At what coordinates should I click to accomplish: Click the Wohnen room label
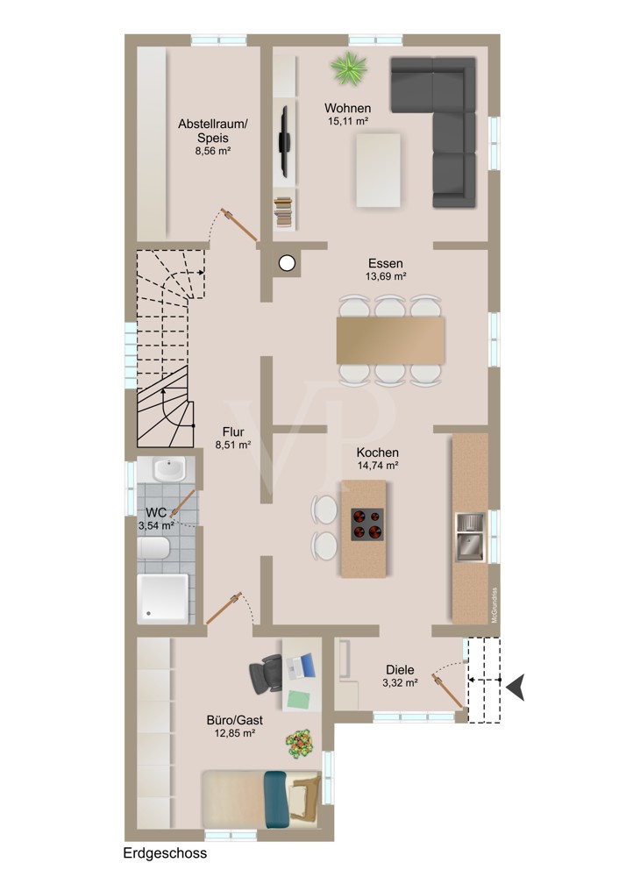click(x=347, y=108)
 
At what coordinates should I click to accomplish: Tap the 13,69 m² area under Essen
click(x=385, y=276)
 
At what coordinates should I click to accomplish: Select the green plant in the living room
click(x=348, y=68)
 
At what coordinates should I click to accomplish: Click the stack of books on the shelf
click(x=283, y=212)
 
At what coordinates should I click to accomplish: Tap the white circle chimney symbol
click(x=287, y=263)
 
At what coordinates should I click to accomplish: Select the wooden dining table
click(x=390, y=340)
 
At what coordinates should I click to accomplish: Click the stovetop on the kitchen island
click(x=367, y=524)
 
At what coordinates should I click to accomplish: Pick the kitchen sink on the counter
click(x=470, y=537)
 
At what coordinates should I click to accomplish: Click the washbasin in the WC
click(x=169, y=468)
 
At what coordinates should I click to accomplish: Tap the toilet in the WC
click(x=153, y=548)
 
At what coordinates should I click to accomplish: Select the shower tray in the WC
click(x=163, y=598)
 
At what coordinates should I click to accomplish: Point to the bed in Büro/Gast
click(x=261, y=799)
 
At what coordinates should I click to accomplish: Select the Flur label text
click(x=233, y=431)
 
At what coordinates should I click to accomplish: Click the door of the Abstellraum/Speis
click(x=238, y=225)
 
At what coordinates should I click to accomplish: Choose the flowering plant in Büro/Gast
click(x=300, y=744)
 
